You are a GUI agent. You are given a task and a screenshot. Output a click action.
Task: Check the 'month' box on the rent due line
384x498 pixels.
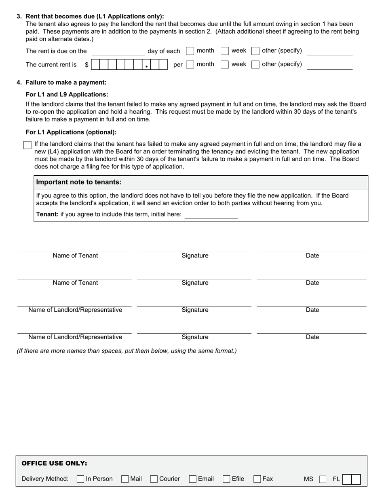[x=190, y=51]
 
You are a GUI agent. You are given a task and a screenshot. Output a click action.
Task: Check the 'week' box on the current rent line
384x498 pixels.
[x=225, y=64]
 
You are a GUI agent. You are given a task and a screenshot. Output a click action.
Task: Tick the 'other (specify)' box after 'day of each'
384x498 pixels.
[x=255, y=51]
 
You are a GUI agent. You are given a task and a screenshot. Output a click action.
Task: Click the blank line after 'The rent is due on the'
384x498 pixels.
[x=118, y=52]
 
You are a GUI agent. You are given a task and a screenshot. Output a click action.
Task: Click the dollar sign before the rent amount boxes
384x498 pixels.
[x=87, y=65]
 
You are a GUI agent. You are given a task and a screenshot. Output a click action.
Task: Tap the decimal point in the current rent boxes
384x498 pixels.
[x=146, y=66]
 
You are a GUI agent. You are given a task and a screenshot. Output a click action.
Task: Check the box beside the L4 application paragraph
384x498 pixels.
[x=27, y=145]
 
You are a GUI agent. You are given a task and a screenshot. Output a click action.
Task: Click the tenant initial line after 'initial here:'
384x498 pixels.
[x=211, y=215]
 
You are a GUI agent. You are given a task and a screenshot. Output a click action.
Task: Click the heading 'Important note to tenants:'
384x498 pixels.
[x=79, y=182]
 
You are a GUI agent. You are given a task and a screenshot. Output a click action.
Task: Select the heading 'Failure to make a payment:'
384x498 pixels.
[x=66, y=83]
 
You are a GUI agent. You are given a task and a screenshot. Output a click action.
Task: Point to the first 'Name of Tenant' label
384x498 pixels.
[x=75, y=256]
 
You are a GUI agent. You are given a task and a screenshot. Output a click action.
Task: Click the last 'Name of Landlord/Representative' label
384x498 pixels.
[x=75, y=337]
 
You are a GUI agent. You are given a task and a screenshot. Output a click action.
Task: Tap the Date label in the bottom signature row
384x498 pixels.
[x=312, y=337]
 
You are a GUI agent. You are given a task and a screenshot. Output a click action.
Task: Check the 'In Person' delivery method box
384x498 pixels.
[x=80, y=479]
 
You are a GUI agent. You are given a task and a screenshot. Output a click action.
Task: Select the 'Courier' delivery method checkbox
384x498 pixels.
[x=154, y=479]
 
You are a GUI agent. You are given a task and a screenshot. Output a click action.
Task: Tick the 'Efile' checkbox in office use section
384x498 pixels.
[x=227, y=479]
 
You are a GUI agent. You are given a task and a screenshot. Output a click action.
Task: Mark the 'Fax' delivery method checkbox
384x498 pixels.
[x=257, y=479]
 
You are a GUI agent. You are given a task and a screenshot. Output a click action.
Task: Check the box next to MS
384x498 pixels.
[x=323, y=479]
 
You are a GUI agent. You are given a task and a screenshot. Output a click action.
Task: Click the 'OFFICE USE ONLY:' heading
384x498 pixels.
[x=54, y=464]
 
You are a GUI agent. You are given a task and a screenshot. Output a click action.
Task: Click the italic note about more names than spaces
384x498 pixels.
[x=127, y=351]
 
